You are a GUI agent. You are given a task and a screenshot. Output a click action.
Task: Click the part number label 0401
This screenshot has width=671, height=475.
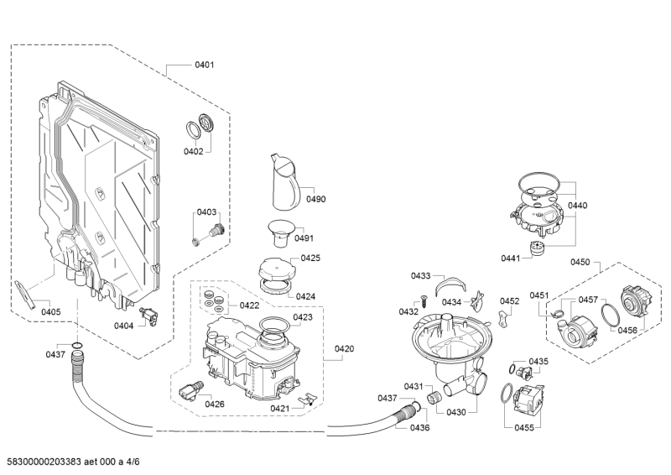click(x=204, y=65)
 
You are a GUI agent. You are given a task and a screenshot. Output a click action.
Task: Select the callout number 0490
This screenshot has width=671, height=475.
click(x=315, y=199)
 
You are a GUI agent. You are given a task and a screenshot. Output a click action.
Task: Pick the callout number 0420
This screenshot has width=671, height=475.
click(x=344, y=348)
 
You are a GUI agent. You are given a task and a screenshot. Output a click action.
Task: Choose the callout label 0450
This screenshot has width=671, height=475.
click(x=580, y=263)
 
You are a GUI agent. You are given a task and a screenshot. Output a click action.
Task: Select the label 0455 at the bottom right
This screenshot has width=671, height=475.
click(x=524, y=427)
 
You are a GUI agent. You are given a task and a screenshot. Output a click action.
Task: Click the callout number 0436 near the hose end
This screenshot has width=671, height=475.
click(x=419, y=428)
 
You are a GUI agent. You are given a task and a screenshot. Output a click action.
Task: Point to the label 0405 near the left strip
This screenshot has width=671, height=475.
click(x=50, y=312)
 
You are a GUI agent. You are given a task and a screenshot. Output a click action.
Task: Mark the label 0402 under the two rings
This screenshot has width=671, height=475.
click(x=194, y=151)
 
